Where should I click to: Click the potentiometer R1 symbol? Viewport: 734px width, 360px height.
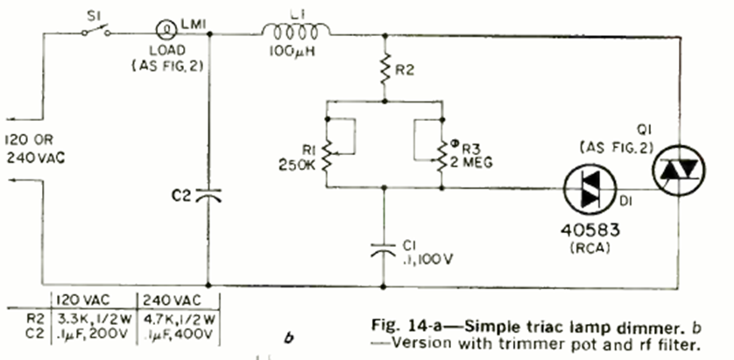coord(326,144)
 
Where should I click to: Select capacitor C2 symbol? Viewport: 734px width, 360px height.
coord(208,196)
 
